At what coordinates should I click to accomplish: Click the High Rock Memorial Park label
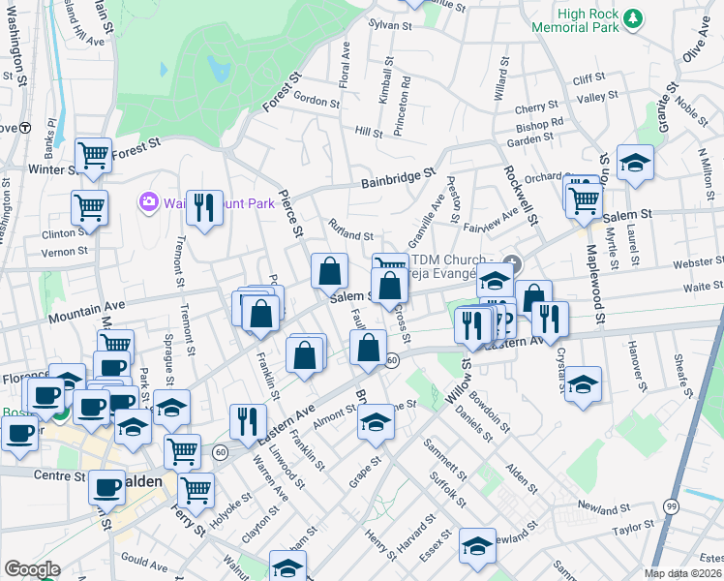click(x=574, y=20)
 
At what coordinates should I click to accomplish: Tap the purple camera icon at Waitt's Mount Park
click(x=148, y=201)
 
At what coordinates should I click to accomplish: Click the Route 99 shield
click(x=672, y=505)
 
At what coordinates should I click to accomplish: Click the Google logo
click(x=32, y=568)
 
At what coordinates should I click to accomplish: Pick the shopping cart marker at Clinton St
click(x=89, y=206)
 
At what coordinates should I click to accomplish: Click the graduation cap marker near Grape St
click(x=376, y=422)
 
